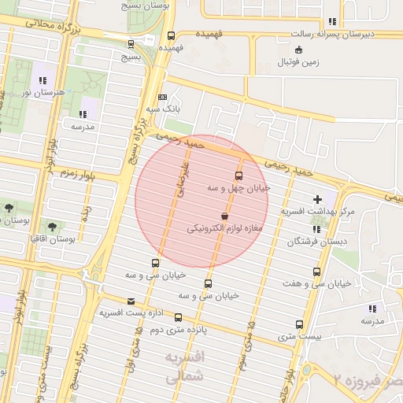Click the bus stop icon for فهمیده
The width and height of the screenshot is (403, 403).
pos(171,35)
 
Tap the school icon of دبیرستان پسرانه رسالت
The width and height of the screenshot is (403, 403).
pos(332,21)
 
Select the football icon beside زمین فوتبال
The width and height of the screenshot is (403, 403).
pos(289,61)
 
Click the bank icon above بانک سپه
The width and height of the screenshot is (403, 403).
pos(162,96)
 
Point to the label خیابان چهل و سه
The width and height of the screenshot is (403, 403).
pos(238,188)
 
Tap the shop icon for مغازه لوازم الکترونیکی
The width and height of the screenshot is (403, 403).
pos(225,215)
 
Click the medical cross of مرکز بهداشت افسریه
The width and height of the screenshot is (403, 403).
pos(318,199)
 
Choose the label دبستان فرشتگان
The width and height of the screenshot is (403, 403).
pos(316,241)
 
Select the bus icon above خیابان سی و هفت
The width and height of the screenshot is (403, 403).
pos(316,272)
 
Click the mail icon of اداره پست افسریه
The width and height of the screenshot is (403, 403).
pos(131,301)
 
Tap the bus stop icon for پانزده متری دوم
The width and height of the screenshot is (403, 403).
pos(178,317)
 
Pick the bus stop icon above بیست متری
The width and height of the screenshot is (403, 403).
pos(299,324)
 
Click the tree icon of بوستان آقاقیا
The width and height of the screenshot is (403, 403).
pos(51,226)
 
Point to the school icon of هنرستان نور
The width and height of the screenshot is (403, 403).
pos(42,79)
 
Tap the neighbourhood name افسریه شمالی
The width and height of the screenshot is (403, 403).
pos(186,368)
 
